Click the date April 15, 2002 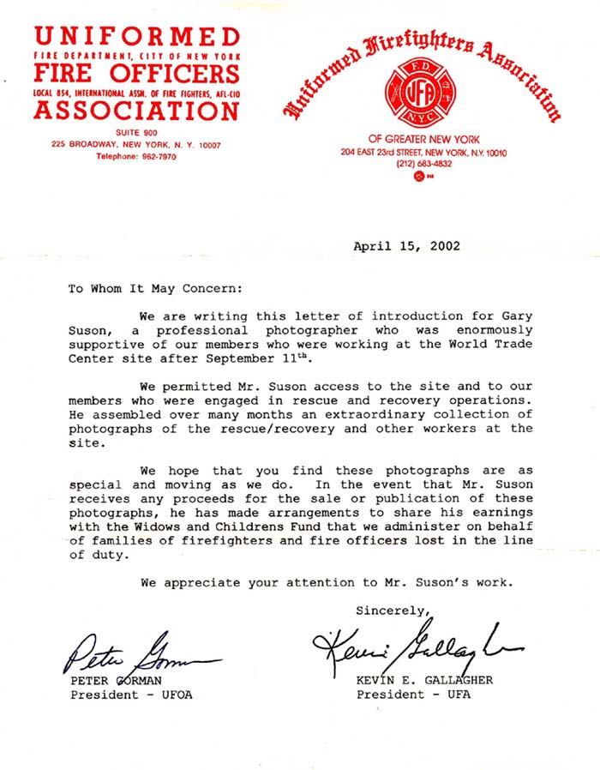pos(406,246)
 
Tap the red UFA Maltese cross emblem pos(420,94)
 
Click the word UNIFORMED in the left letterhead pos(137,37)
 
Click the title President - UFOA pos(130,695)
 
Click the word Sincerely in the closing pos(391,611)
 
